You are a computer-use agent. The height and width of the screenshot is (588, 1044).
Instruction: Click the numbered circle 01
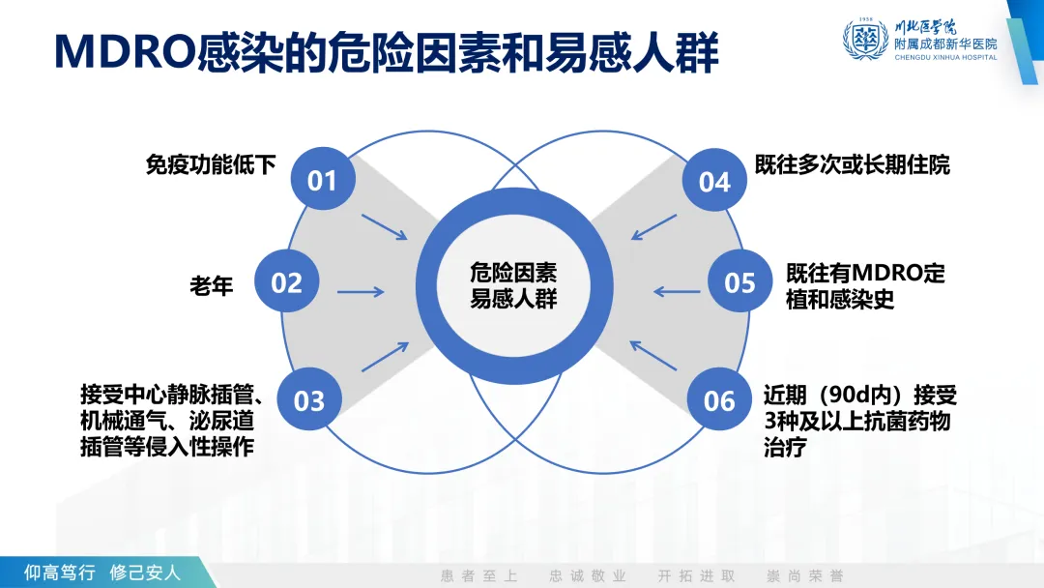coord(323,180)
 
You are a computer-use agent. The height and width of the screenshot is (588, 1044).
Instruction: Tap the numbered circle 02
coord(287,282)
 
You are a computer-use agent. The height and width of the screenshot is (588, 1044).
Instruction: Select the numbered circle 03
coord(309,399)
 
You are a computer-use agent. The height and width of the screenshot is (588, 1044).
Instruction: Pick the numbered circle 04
coord(714,181)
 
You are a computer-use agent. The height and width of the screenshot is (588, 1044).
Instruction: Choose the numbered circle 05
coord(739,282)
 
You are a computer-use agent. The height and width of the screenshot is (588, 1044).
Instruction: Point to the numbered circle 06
coord(719,399)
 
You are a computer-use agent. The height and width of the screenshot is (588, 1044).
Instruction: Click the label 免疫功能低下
coord(211,164)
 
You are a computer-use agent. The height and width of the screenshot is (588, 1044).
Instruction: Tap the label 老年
coord(212,285)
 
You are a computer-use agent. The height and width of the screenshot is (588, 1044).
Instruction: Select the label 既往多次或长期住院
coord(853,164)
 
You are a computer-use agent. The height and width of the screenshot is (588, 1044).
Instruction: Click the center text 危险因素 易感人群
coord(513,284)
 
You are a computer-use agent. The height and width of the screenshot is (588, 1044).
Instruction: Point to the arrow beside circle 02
coord(362,291)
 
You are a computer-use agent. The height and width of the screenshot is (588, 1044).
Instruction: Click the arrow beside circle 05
coord(677,291)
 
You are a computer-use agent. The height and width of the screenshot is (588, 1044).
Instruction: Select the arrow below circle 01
coord(385,227)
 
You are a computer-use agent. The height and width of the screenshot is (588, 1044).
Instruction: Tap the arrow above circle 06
coord(653,354)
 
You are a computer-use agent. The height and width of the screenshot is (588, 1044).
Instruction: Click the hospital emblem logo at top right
coord(865,39)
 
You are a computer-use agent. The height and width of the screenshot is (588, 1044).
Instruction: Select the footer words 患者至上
coord(479,575)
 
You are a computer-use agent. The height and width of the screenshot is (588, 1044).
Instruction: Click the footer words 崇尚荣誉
coord(804,575)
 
